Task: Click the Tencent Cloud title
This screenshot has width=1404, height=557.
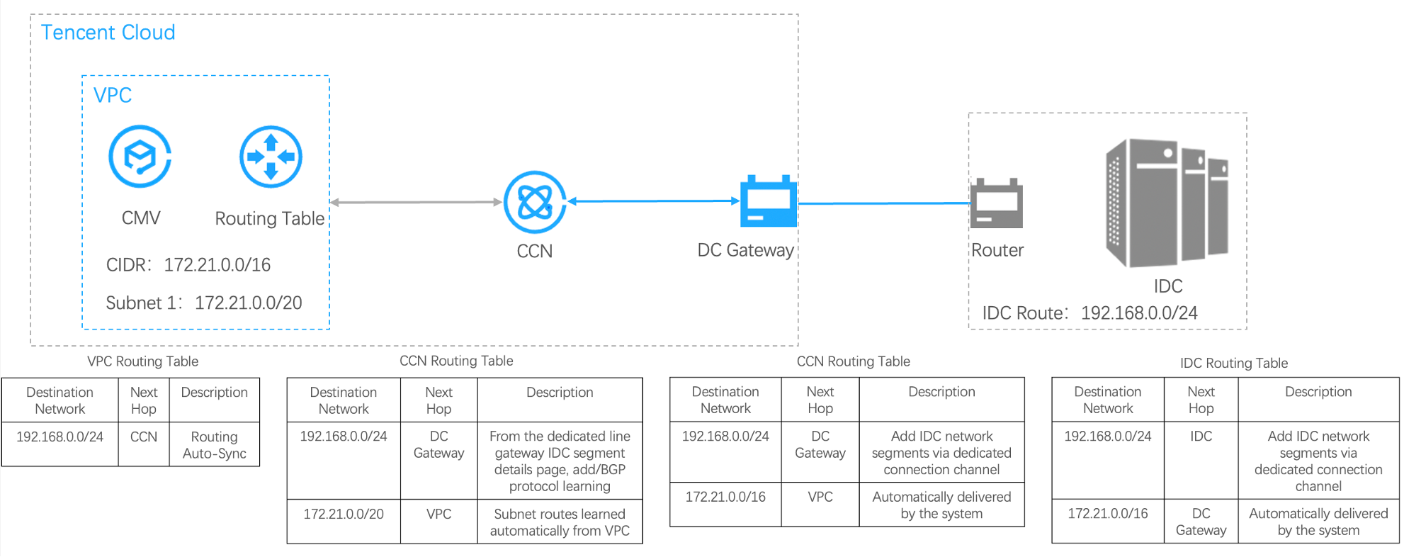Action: pos(108,33)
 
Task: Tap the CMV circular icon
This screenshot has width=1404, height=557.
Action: pos(140,157)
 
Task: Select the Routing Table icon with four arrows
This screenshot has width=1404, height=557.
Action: pos(271,157)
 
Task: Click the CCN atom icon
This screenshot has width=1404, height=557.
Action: pos(535,202)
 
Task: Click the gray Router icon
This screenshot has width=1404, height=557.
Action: pos(997,203)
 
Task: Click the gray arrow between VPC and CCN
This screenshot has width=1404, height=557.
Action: pos(417,202)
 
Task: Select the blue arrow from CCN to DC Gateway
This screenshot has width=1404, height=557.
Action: pos(653,201)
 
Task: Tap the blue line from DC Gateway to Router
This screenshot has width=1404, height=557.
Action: pos(883,203)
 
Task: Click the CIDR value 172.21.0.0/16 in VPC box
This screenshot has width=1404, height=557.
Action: pos(217,265)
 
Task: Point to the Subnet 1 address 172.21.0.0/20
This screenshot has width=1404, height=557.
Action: pos(248,303)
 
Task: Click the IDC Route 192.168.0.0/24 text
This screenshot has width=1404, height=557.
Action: pos(1139,313)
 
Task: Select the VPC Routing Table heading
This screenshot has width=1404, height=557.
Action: pos(142,361)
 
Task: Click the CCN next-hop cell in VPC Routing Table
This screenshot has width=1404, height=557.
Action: pos(144,437)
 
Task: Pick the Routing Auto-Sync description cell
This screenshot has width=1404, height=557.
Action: pos(214,445)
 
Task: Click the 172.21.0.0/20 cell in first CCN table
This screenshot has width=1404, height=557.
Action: pos(344,514)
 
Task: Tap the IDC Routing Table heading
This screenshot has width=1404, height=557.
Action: pos(1233,364)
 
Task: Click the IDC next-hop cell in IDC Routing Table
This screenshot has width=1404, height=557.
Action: pos(1201,437)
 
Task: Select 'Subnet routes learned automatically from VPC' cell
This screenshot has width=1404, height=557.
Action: pos(560,522)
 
